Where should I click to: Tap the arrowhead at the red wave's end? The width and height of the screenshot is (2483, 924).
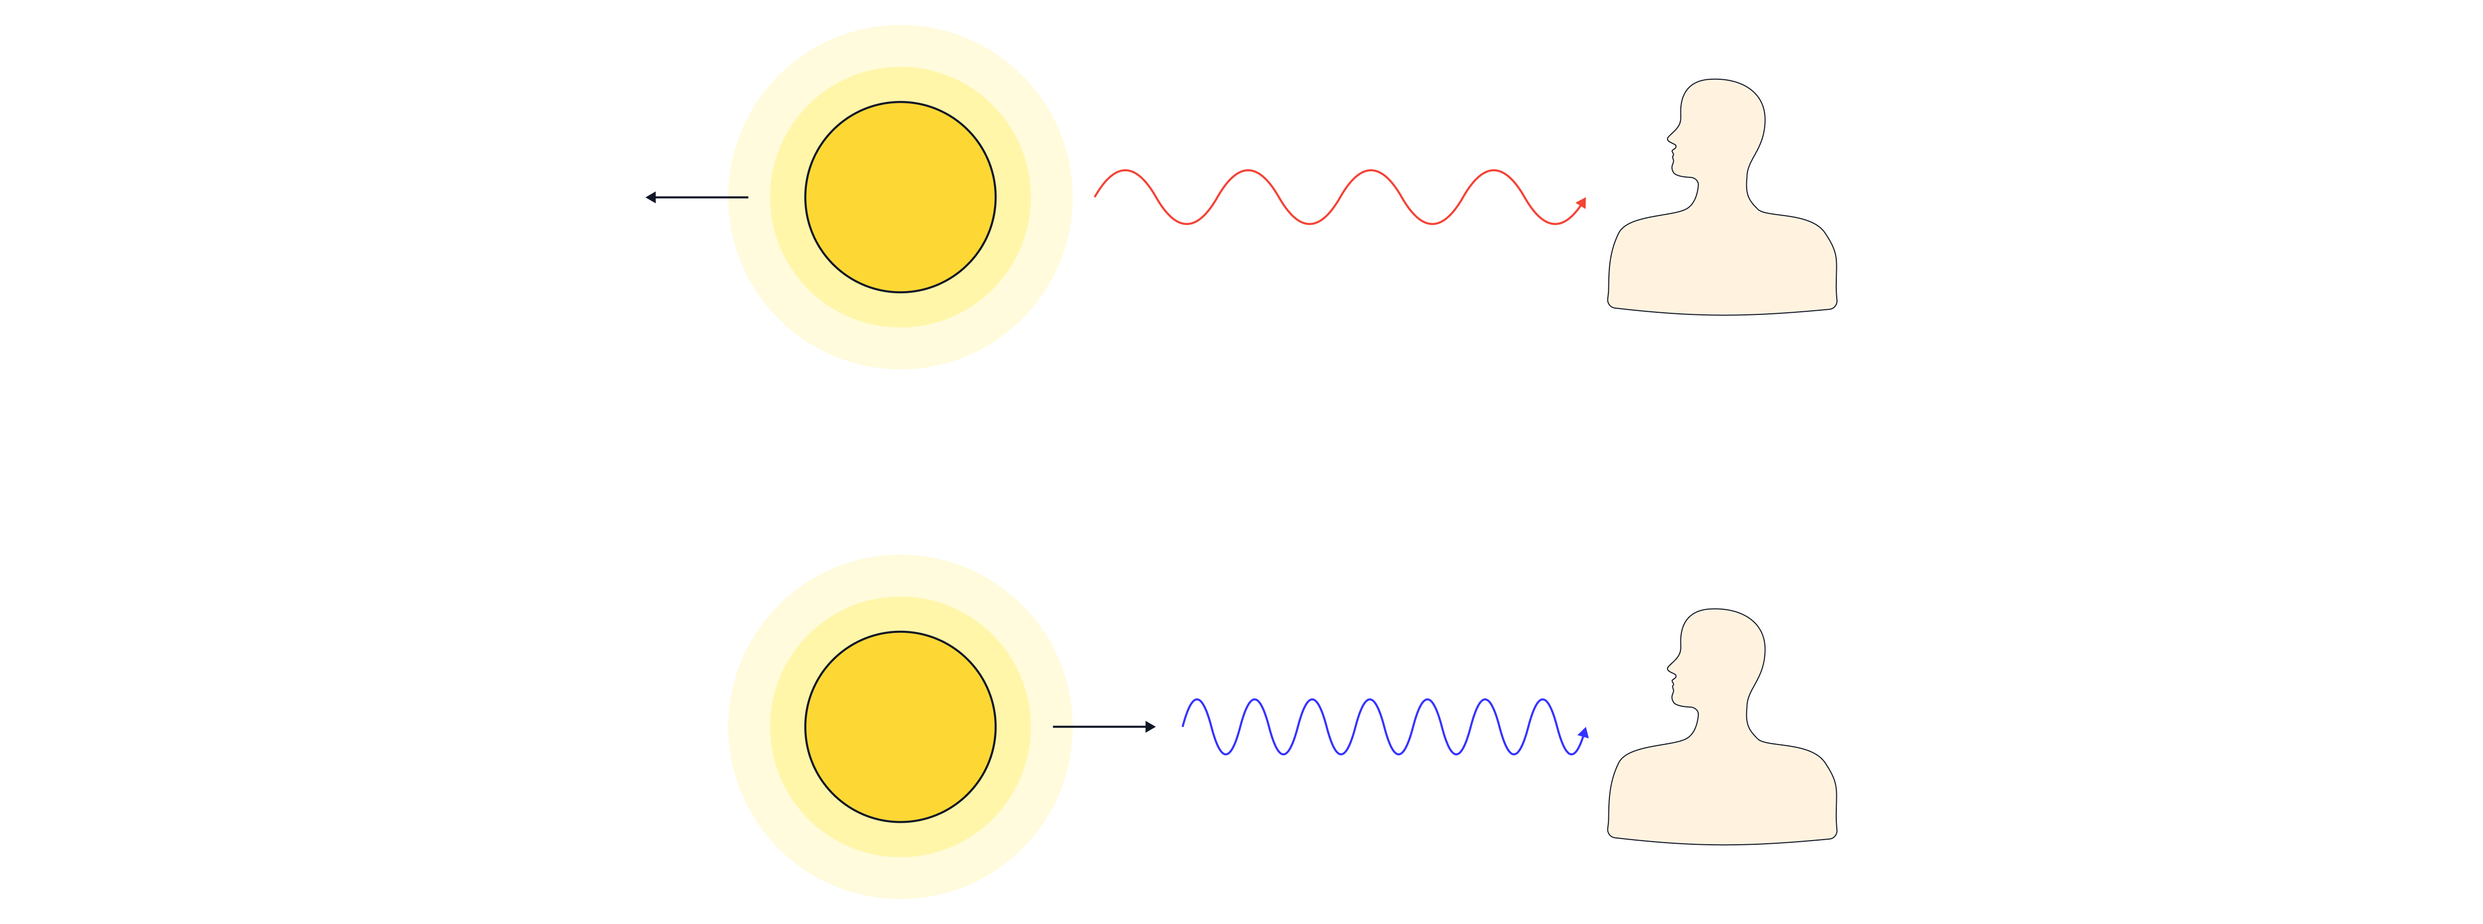pyautogui.click(x=1582, y=202)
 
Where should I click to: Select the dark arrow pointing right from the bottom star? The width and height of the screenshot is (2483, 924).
pyautogui.click(x=1104, y=726)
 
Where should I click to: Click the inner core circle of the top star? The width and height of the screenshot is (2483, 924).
pyautogui.click(x=900, y=198)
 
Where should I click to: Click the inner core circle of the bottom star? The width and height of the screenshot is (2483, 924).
pyautogui.click(x=900, y=726)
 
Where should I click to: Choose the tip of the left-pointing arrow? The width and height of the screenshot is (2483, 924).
pyautogui.click(x=647, y=198)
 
